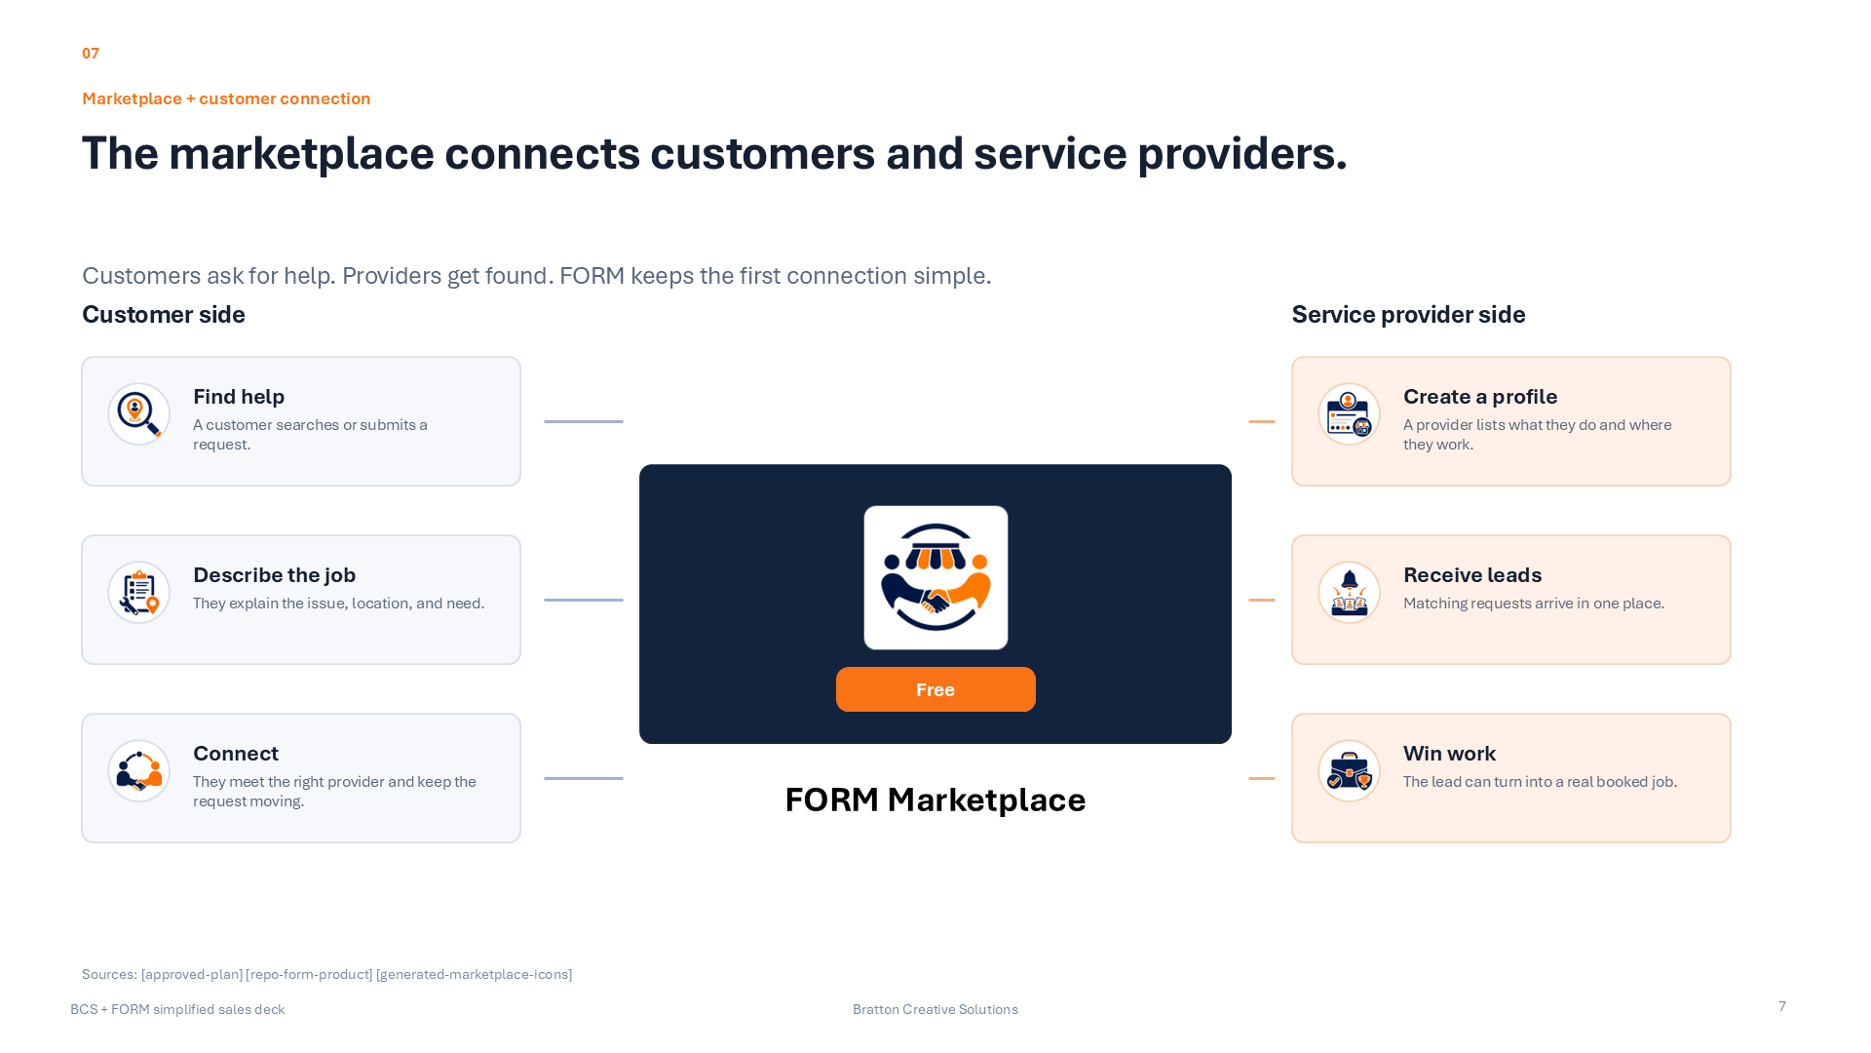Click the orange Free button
935,689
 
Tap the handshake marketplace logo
935,577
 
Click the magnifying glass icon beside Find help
138,413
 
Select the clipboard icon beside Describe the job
138,592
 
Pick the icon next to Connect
138,770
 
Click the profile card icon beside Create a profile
1349,413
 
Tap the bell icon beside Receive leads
1349,592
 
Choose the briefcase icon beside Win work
1349,770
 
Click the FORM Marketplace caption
935,799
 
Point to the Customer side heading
164,314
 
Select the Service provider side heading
1408,314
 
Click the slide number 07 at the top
91,53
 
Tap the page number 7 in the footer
1782,1006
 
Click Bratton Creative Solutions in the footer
935,1009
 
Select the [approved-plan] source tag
192,974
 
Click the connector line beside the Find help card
584,421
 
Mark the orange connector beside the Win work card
1262,778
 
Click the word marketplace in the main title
301,153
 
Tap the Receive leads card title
1472,575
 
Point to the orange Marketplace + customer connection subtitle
226,98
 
